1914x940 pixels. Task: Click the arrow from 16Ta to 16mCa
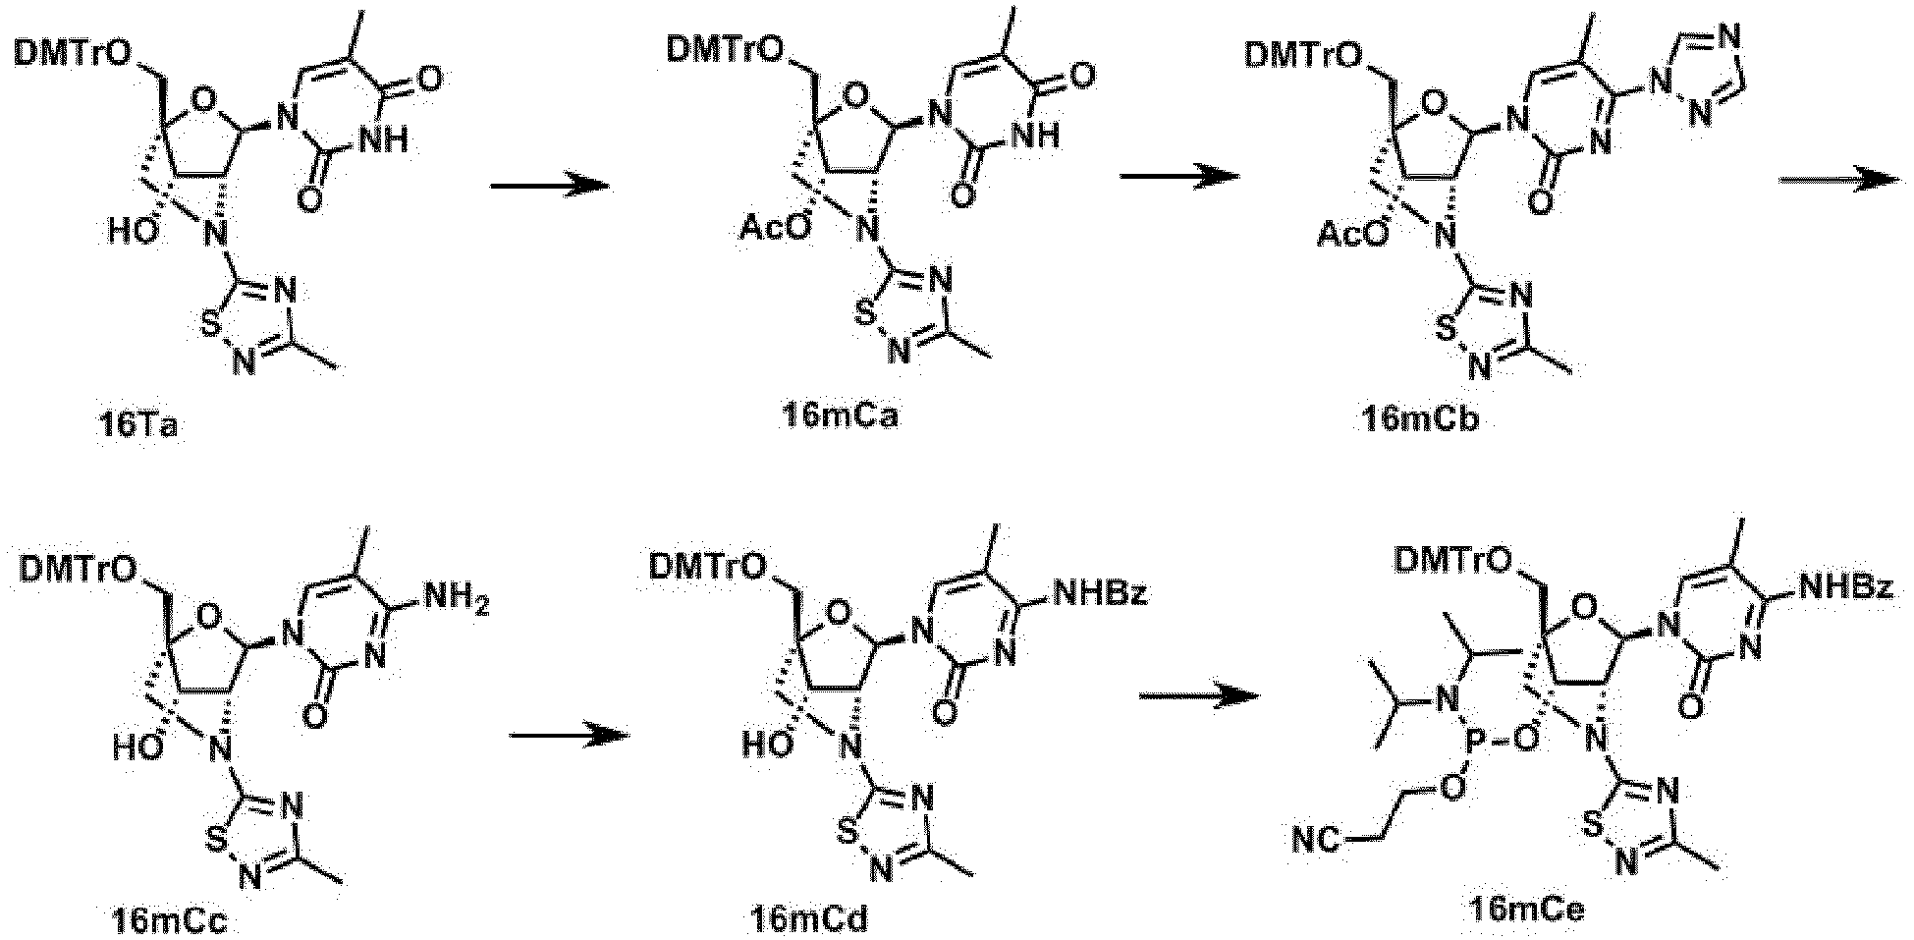548,186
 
